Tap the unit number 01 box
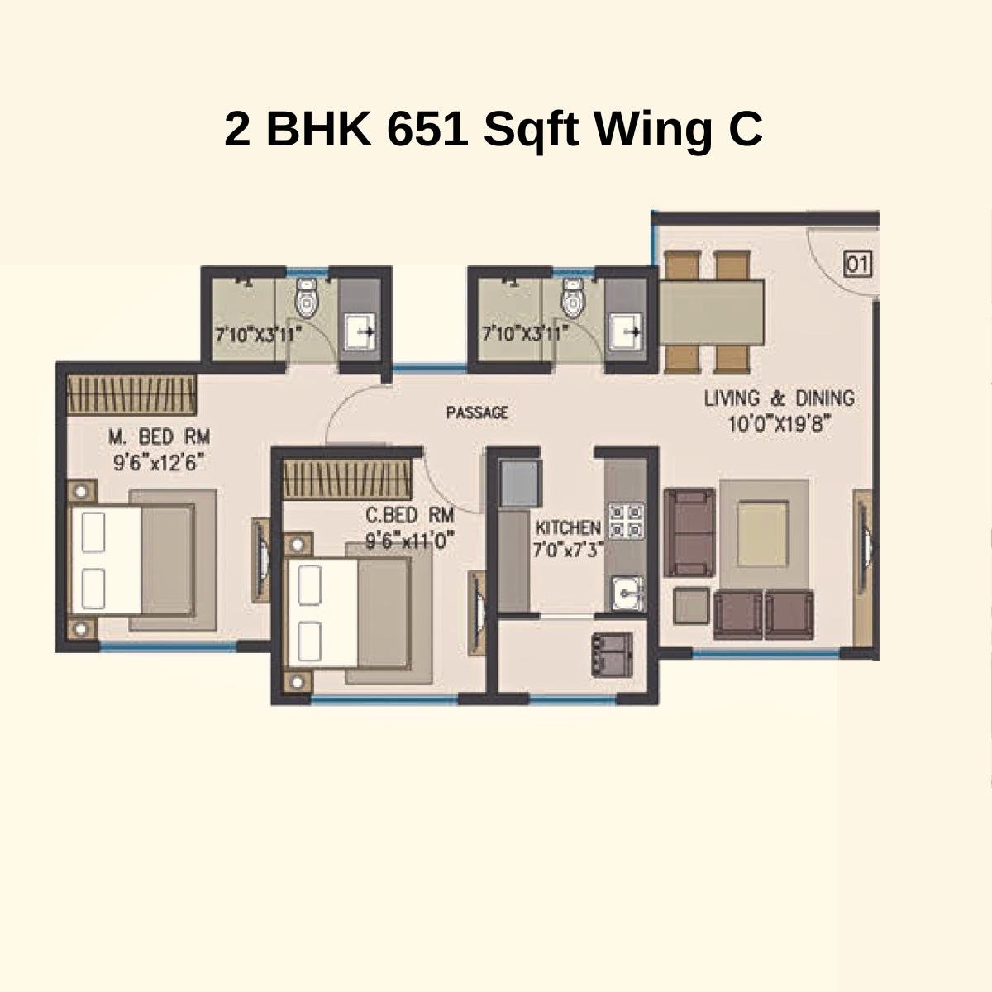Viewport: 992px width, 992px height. tap(857, 265)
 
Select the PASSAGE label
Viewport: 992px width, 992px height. tap(477, 412)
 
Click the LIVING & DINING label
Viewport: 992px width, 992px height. tap(779, 398)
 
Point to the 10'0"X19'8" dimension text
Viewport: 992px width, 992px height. tap(779, 425)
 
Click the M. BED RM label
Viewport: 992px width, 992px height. tap(160, 436)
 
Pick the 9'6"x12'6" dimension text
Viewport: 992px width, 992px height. tap(159, 461)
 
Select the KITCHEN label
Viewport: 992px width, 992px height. tap(568, 527)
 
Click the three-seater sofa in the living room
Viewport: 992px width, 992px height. tap(689, 532)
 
